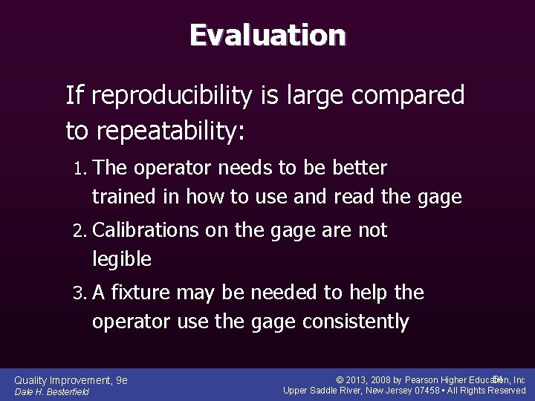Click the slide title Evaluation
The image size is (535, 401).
tap(267, 35)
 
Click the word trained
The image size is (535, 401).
tap(118, 197)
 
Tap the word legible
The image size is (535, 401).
tap(122, 259)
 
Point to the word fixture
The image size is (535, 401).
tap(150, 293)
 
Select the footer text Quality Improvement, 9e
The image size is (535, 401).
tap(71, 380)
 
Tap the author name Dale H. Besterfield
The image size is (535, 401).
tap(52, 391)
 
